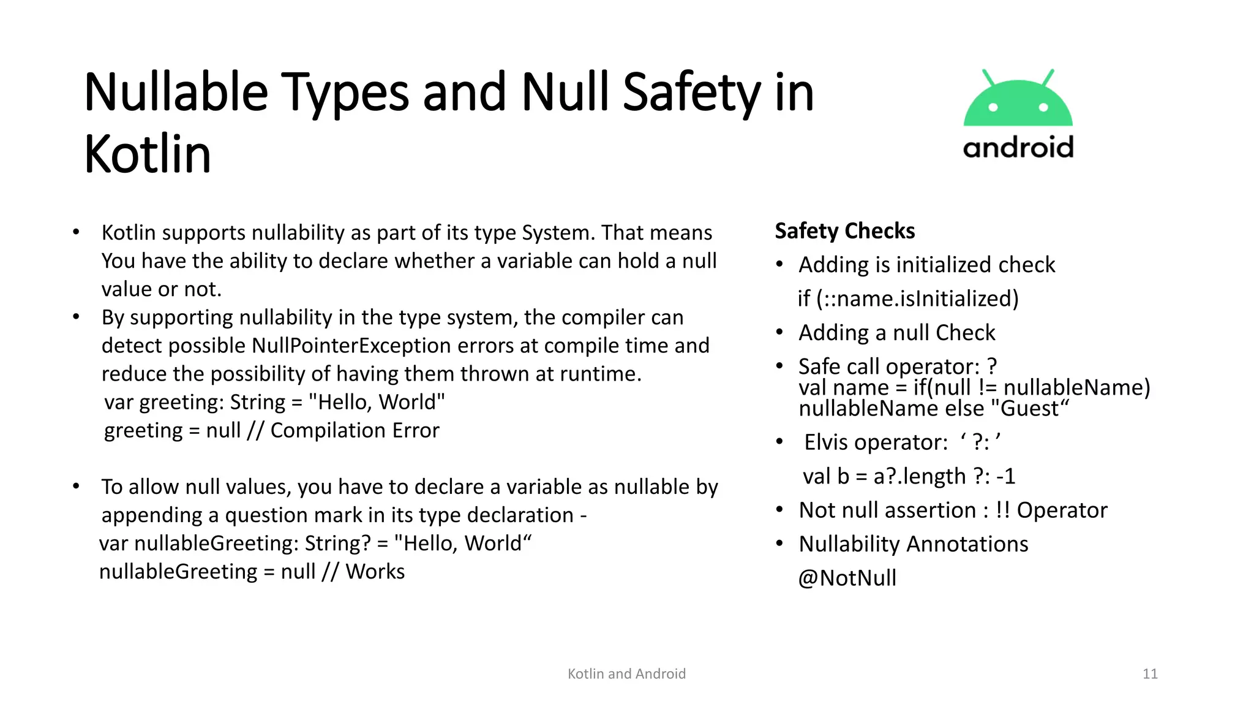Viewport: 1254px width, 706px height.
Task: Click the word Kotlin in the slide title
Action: (148, 154)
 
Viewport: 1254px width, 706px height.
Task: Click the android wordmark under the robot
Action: (1018, 148)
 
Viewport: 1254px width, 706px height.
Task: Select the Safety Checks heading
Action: (844, 231)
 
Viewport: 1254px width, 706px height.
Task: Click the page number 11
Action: (1150, 674)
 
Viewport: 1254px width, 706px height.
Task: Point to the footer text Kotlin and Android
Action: (626, 674)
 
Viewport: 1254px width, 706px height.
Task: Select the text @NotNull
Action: (847, 578)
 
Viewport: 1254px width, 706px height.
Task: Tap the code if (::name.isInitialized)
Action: (908, 298)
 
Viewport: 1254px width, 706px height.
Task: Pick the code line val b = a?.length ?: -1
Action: (909, 476)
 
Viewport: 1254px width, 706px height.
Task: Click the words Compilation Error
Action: (355, 430)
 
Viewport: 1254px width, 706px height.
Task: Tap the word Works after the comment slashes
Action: (375, 572)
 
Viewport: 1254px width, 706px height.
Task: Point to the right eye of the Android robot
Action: (1043, 108)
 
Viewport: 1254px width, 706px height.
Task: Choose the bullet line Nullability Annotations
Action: (913, 544)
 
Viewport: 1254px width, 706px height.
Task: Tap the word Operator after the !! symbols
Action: (1062, 511)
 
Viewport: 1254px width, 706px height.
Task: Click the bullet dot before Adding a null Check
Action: (779, 333)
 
